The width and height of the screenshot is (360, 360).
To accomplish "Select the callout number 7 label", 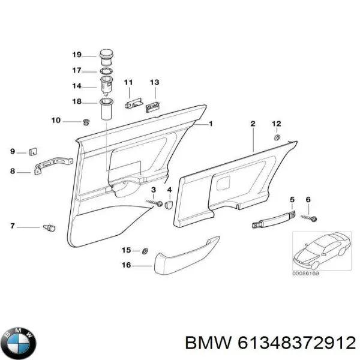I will click(12, 227).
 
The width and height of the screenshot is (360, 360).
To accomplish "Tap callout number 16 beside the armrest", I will click(127, 264).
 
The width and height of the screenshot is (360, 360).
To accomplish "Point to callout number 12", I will click(277, 124).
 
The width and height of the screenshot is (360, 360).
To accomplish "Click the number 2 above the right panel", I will click(253, 124).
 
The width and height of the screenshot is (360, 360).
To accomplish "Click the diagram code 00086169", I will click(306, 274).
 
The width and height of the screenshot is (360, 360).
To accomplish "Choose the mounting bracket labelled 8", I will click(54, 165).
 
